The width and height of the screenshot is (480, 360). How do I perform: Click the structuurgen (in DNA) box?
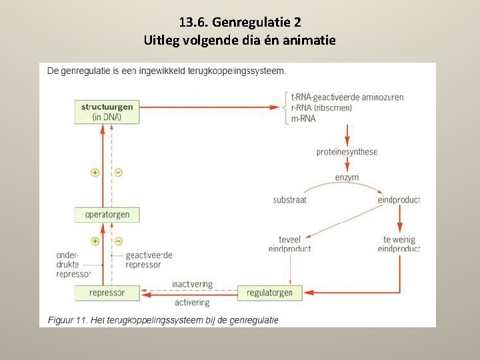pos(107,111)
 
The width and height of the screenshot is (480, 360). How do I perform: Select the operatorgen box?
pos(107,215)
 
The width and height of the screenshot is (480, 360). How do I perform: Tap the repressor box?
pos(107,292)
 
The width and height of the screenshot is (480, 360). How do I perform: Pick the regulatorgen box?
pos(269,292)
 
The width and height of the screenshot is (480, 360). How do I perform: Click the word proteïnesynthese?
pos(347,152)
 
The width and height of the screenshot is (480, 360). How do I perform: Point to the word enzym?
pos(347,177)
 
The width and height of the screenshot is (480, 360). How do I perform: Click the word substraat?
pos(290,200)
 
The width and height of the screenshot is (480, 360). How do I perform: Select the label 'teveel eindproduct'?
pos(289,244)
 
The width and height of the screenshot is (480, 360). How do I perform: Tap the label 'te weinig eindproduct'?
pos(399,244)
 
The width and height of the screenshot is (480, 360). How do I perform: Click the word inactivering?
pos(192,284)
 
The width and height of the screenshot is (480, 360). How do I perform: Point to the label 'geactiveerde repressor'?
pos(149,260)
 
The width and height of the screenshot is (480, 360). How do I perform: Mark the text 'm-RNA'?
pos(303,119)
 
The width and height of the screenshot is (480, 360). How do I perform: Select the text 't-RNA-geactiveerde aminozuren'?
pos(347,97)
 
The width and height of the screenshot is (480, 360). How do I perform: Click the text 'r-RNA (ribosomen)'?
pos(321,108)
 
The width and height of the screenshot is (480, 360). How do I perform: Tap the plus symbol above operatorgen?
pos(95,172)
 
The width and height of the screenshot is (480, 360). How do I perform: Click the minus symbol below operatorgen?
pos(118,241)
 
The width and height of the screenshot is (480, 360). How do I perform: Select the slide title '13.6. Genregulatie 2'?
pos(240,22)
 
